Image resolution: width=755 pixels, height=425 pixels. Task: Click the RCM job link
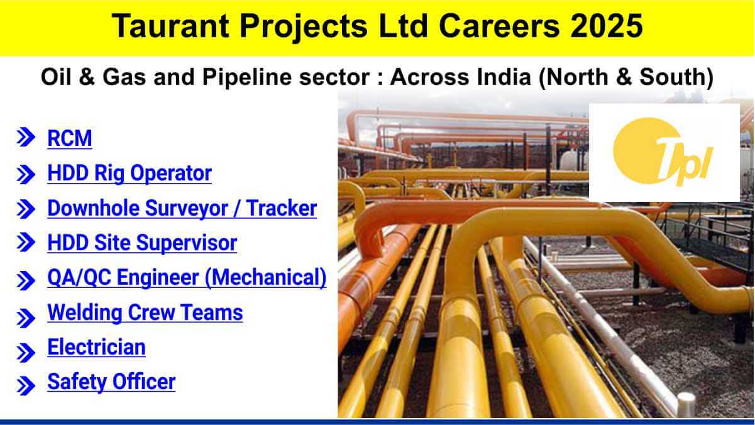69,138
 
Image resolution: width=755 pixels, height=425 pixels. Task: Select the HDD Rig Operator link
130,174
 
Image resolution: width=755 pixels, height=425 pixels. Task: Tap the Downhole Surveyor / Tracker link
182,208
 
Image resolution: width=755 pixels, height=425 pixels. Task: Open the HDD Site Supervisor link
142,243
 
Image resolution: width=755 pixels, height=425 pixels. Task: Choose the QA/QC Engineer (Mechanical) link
187,278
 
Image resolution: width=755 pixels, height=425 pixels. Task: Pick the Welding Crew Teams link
145,312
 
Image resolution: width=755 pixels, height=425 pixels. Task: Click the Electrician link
96,347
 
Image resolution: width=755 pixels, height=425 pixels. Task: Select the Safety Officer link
111,382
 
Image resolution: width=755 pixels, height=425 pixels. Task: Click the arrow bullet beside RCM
26,138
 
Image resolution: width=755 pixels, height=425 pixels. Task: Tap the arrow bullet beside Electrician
26,353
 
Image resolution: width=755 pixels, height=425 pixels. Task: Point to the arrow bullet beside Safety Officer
26,386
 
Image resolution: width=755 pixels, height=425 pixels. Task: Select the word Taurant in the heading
171,26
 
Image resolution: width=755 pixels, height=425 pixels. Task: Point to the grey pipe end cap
686,404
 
